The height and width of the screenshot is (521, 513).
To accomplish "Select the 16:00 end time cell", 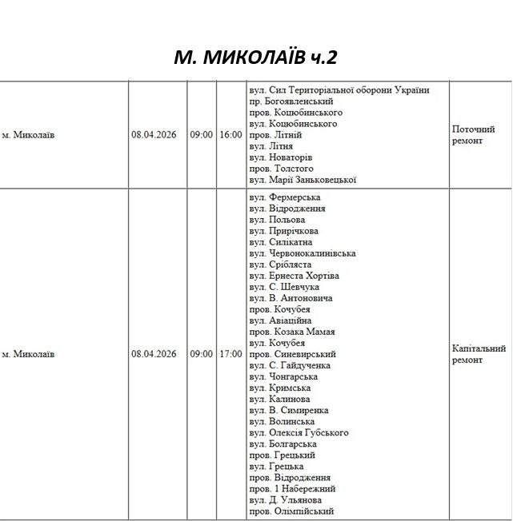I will click(x=230, y=135).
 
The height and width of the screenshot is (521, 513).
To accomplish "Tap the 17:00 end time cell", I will click(x=230, y=354).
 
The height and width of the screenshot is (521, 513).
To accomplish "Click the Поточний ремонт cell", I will click(x=474, y=135).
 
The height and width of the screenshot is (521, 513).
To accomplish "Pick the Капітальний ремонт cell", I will click(x=479, y=354).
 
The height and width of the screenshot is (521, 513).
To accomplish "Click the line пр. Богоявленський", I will click(x=291, y=101).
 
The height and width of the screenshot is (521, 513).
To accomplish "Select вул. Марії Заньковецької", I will click(x=303, y=180).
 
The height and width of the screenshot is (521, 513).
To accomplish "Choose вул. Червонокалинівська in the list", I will click(x=303, y=253).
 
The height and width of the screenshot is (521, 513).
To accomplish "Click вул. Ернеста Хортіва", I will click(x=294, y=276).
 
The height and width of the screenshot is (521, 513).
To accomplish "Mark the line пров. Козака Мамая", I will click(x=291, y=332).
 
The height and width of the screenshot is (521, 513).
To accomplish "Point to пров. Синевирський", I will click(x=292, y=354).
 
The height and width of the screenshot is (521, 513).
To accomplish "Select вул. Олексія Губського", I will click(x=299, y=432).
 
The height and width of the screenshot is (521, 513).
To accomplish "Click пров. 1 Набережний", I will click(x=292, y=488).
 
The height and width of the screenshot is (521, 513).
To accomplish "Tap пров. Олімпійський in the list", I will click(x=291, y=511).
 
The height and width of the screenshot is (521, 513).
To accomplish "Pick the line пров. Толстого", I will click(x=281, y=169).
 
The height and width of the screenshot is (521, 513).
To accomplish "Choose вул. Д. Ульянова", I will click(x=286, y=499).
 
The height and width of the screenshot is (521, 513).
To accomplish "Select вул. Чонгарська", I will click(x=283, y=376).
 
